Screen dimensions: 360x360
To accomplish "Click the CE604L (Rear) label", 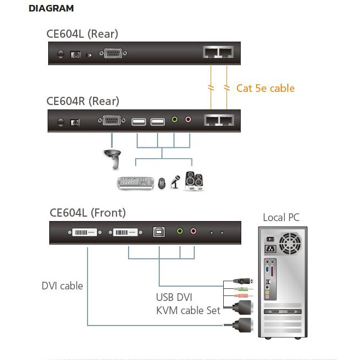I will pyautogui.click(x=82, y=34).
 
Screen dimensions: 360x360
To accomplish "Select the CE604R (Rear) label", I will pyautogui.click(x=83, y=101).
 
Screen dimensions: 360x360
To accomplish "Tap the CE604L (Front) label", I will pyautogui.click(x=88, y=212).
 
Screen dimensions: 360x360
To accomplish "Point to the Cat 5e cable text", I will pyautogui.click(x=265, y=88).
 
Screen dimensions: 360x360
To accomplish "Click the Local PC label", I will pyautogui.click(x=281, y=217).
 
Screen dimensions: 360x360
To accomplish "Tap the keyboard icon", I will pyautogui.click(x=136, y=183).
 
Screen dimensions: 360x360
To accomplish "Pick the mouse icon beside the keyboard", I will pyautogui.click(x=162, y=184).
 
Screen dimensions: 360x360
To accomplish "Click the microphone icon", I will pyautogui.click(x=176, y=182).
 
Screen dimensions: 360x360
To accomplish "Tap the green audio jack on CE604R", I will pyautogui.click(x=175, y=119).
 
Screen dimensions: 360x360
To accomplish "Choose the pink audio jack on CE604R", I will pyautogui.click(x=189, y=119).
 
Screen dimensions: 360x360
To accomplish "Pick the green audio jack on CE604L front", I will pyautogui.click(x=179, y=232).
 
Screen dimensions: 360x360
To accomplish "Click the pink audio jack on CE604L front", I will pyautogui.click(x=193, y=232).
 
